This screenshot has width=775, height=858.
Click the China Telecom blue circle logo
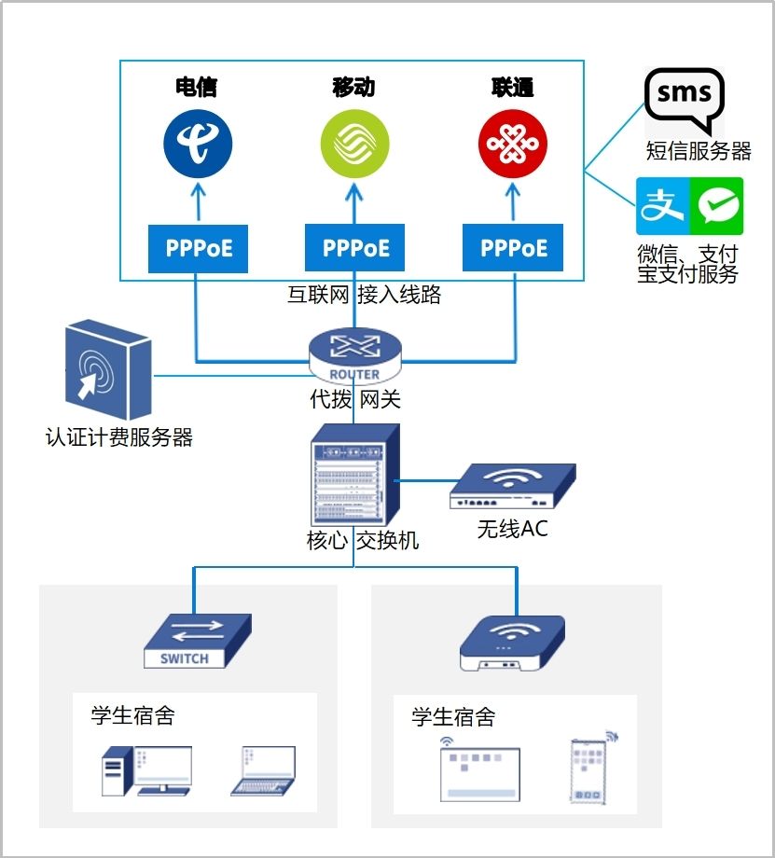coord(198,144)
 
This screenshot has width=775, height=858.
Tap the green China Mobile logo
coord(354,144)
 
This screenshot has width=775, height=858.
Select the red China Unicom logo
coord(512,144)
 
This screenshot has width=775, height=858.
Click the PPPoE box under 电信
coord(198,248)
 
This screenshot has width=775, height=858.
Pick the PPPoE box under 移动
coord(354,248)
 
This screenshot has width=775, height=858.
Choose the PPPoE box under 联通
coord(513,248)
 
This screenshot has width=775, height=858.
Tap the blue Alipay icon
coord(662,206)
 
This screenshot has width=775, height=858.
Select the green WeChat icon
coord(716,206)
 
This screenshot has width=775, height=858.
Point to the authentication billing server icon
coord(107,371)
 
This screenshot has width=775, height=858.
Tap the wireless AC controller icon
coord(512,488)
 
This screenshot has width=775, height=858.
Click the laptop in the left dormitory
coord(263,770)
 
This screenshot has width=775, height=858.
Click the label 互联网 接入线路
coord(364,296)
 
